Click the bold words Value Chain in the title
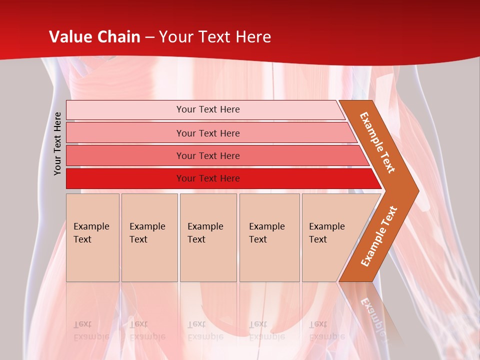(x=94, y=37)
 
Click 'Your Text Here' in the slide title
(x=215, y=37)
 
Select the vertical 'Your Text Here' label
(x=58, y=143)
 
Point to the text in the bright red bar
(x=208, y=178)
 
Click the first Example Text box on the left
(x=92, y=237)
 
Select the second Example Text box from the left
(x=149, y=237)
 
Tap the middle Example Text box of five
(x=208, y=237)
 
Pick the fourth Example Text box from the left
(x=269, y=237)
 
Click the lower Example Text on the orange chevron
(x=379, y=236)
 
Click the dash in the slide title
(x=149, y=37)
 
